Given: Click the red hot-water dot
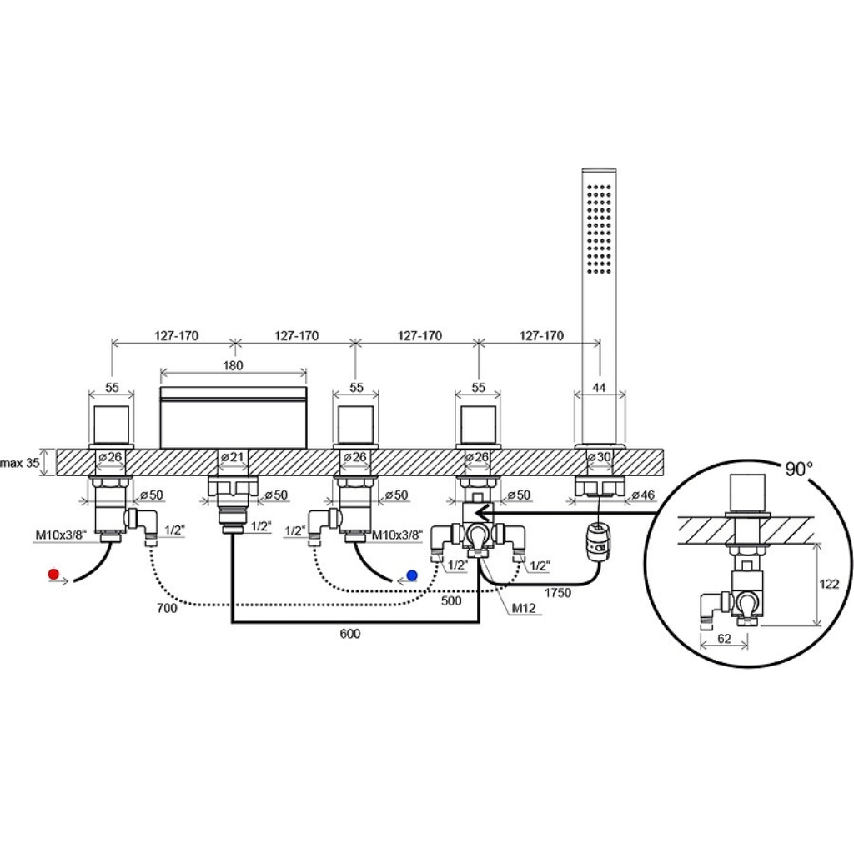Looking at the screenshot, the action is pos(53,574).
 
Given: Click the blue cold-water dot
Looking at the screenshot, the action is pos(412,575).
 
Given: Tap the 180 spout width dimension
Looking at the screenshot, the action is pos(234,365).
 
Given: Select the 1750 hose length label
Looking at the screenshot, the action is pos(558,593).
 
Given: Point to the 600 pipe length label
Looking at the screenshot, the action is pos(349,634).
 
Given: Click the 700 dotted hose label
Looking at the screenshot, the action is pos(167,608).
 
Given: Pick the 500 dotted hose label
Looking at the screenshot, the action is pos(451,600).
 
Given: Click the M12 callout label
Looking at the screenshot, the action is pos(524,608).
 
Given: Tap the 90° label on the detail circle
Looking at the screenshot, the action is pos(799,469).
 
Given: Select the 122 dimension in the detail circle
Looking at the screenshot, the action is pos(829,584).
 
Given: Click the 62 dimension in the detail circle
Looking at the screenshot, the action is pos(724,638).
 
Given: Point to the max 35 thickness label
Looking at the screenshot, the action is pos(20,463).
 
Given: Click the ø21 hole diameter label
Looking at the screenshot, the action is pos(233,456).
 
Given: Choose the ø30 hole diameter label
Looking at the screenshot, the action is pos(599,456).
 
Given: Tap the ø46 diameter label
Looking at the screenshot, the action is pos(643,495).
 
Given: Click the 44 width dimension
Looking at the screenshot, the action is pos(599,387).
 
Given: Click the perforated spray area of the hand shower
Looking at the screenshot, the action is pos(599,229).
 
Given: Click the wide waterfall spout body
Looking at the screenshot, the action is pos(234,417).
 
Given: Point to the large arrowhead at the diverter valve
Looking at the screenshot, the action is pos(483,513).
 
